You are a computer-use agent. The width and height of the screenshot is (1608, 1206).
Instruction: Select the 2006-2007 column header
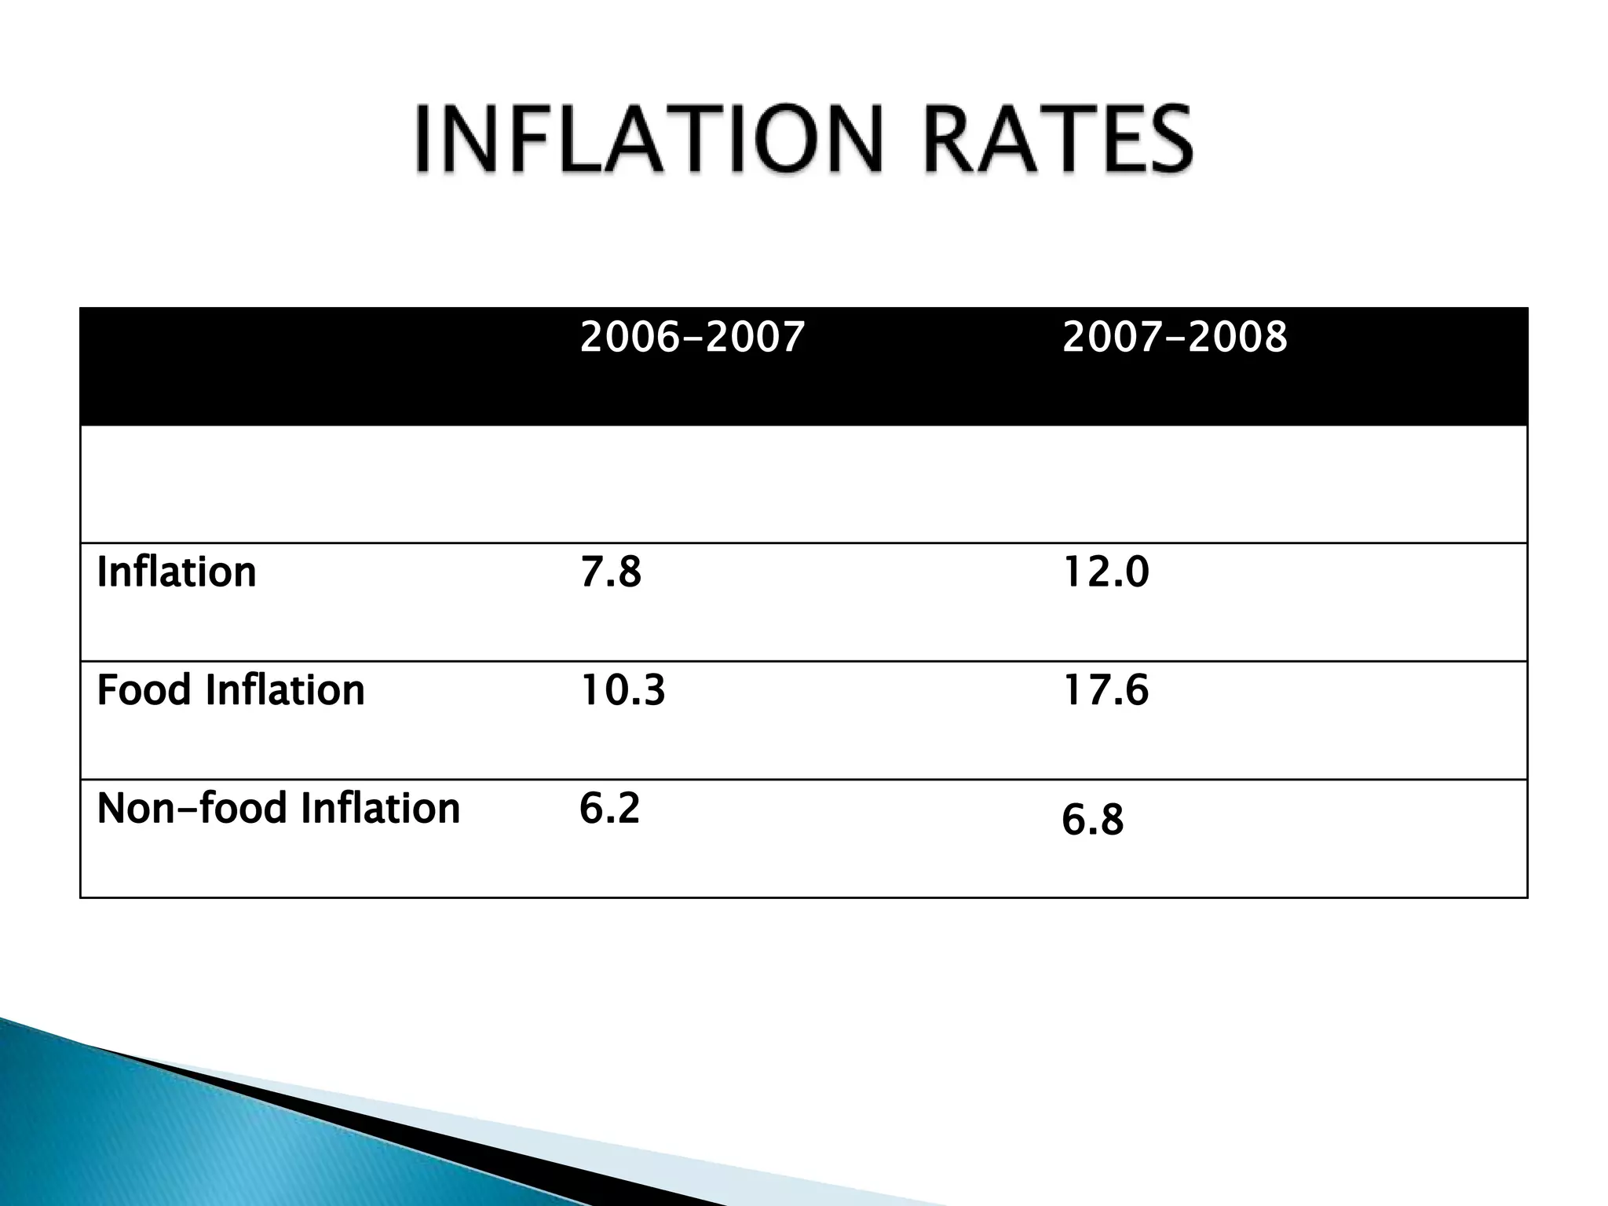click(692, 337)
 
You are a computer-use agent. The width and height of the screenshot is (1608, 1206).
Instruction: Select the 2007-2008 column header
click(1175, 337)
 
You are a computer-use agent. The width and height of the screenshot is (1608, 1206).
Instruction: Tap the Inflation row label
click(177, 572)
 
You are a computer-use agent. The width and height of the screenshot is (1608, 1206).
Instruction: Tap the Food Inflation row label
click(231, 690)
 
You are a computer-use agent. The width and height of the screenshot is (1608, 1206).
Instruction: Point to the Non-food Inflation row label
click(278, 808)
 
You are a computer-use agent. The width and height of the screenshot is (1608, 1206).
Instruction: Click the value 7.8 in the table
click(610, 572)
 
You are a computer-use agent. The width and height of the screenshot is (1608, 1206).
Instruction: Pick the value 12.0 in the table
click(1105, 572)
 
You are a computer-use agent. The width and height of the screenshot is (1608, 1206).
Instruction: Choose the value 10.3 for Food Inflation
click(623, 690)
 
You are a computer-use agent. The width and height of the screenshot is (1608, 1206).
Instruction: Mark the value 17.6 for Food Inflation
click(1105, 690)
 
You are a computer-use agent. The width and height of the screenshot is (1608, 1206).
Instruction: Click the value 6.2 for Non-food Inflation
click(609, 808)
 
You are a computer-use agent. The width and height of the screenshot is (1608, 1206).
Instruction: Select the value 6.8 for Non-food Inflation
click(1092, 820)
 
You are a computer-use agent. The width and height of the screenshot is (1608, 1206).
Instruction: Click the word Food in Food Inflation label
click(144, 690)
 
